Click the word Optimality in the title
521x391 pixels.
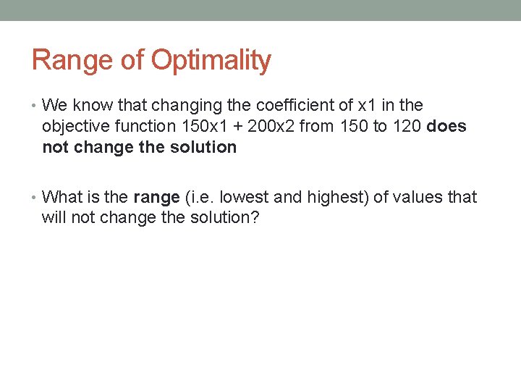211,61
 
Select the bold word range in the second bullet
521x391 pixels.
156,197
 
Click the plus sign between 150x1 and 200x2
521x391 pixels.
236,127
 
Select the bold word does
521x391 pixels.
446,127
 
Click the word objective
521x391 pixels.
70,127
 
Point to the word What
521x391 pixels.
61,197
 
